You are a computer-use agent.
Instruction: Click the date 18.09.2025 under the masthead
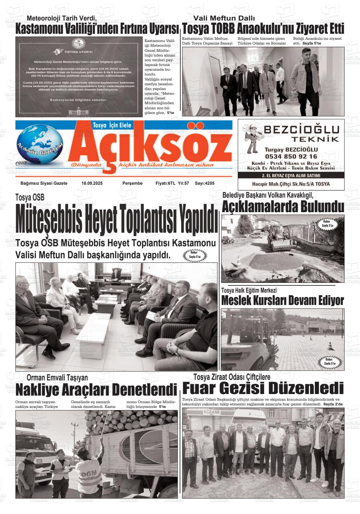click(92, 183)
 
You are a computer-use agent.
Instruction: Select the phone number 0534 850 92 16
click(291, 156)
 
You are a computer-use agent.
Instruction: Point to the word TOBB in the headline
click(223, 29)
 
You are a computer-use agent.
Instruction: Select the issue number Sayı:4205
click(205, 183)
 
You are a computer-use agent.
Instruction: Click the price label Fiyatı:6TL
click(165, 183)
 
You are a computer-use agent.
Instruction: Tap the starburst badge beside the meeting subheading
click(195, 255)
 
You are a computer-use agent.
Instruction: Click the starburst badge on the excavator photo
click(327, 224)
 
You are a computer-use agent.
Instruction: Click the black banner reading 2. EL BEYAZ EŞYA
click(291, 176)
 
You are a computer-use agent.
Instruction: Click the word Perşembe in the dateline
click(133, 183)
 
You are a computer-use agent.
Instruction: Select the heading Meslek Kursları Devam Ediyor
click(283, 300)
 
